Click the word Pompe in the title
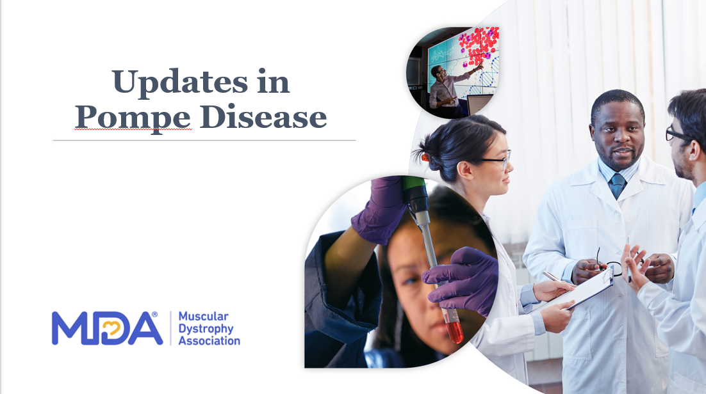tap(133, 118)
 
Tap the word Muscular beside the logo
tap(204, 316)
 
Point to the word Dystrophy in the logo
tap(206, 329)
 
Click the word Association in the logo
tap(209, 341)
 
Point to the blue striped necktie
tap(618, 185)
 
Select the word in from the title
tap(274, 83)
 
